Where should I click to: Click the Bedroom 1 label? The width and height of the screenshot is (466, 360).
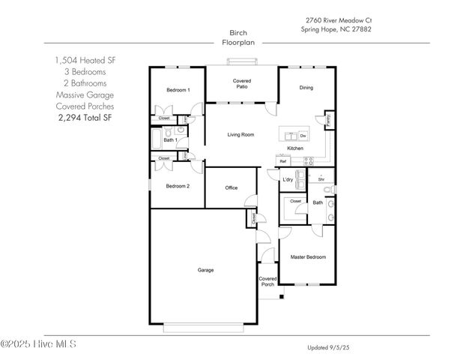(x=178, y=91)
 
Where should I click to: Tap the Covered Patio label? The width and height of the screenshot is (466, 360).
(x=241, y=83)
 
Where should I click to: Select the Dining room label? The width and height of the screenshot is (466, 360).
(x=306, y=88)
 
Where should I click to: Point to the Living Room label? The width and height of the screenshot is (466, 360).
(x=241, y=135)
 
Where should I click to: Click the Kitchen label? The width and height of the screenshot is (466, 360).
(x=294, y=148)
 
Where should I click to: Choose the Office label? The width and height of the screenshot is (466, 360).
(x=232, y=187)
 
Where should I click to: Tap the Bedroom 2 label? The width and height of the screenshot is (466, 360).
(x=177, y=186)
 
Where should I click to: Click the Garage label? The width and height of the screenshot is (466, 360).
(x=205, y=270)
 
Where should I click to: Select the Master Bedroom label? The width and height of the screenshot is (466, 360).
(x=308, y=257)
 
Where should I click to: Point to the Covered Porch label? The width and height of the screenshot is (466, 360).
(x=267, y=281)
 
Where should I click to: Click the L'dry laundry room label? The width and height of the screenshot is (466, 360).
(x=287, y=179)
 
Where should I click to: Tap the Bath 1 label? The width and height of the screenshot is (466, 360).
(x=170, y=139)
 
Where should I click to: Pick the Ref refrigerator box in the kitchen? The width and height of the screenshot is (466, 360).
(x=283, y=161)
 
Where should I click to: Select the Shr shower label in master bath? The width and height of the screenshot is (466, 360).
(x=321, y=180)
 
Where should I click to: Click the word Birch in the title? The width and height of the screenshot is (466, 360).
(x=239, y=33)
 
